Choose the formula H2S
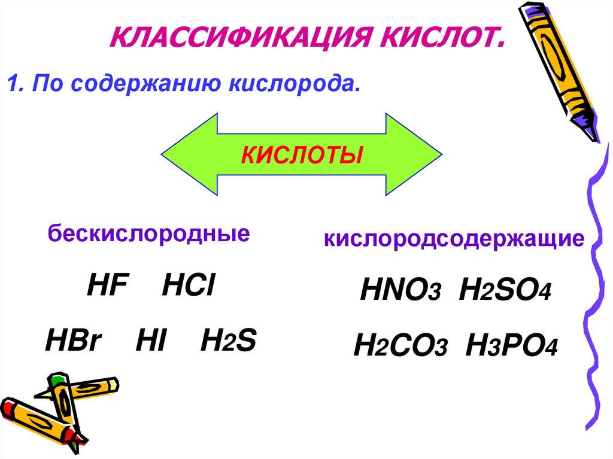coord(228,342)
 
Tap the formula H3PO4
coord(511,346)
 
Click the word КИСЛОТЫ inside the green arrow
coord(302,156)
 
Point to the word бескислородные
coord(149,233)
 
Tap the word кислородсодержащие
coord(454,239)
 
